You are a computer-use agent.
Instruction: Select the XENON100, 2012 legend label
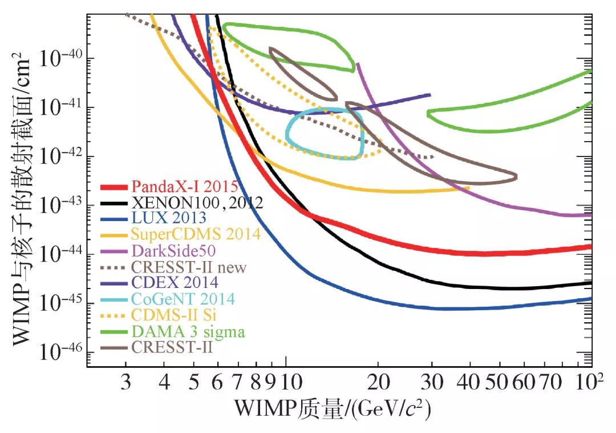[197, 202]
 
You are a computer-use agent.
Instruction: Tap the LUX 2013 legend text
[169, 218]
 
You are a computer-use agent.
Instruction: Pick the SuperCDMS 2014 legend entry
[196, 234]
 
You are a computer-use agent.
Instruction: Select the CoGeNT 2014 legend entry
[183, 299]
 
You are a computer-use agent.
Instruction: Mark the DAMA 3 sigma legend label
[188, 331]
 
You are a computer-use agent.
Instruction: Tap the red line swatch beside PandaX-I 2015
[114, 187]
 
